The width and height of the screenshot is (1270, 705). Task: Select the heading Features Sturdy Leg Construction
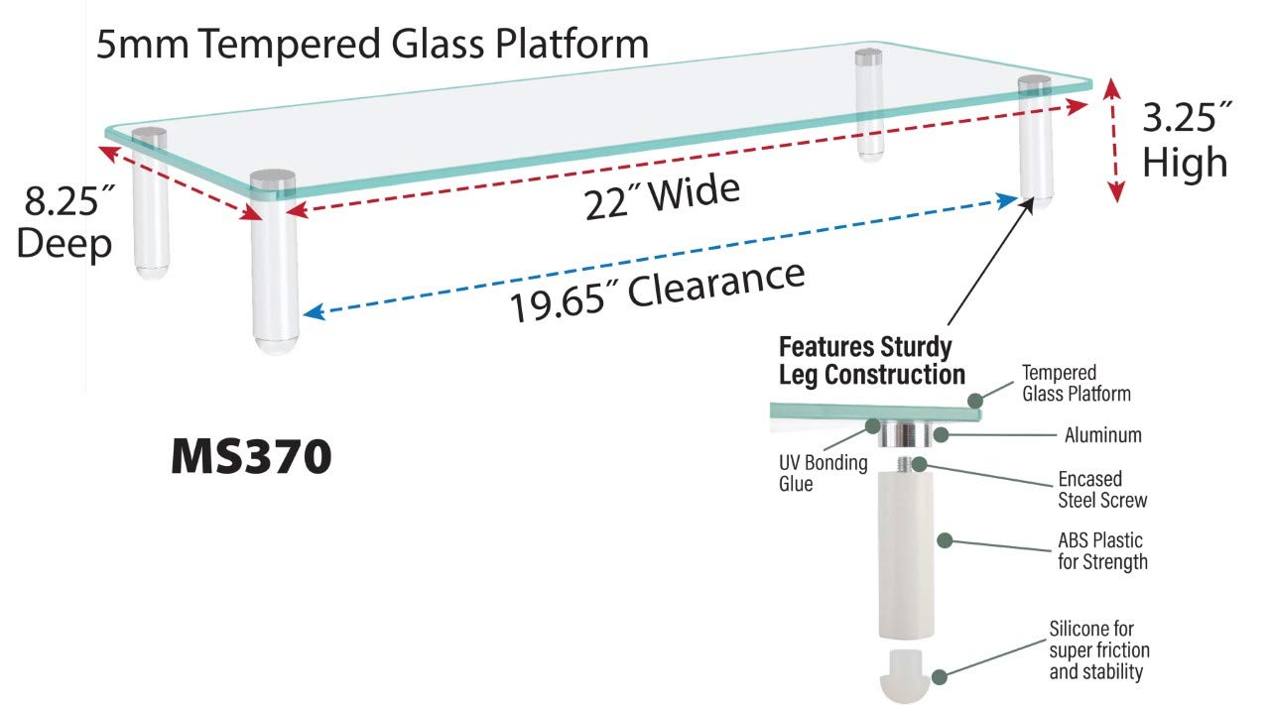click(x=871, y=361)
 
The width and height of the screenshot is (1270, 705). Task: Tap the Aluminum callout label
click(x=1102, y=434)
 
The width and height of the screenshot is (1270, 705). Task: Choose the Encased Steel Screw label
click(x=1101, y=490)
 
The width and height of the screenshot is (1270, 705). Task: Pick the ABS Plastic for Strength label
click(x=1100, y=551)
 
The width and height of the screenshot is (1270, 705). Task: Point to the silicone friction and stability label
click(x=1099, y=650)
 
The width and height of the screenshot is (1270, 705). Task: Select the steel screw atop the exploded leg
click(x=906, y=462)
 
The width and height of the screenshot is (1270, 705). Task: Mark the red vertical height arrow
click(x=1116, y=141)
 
